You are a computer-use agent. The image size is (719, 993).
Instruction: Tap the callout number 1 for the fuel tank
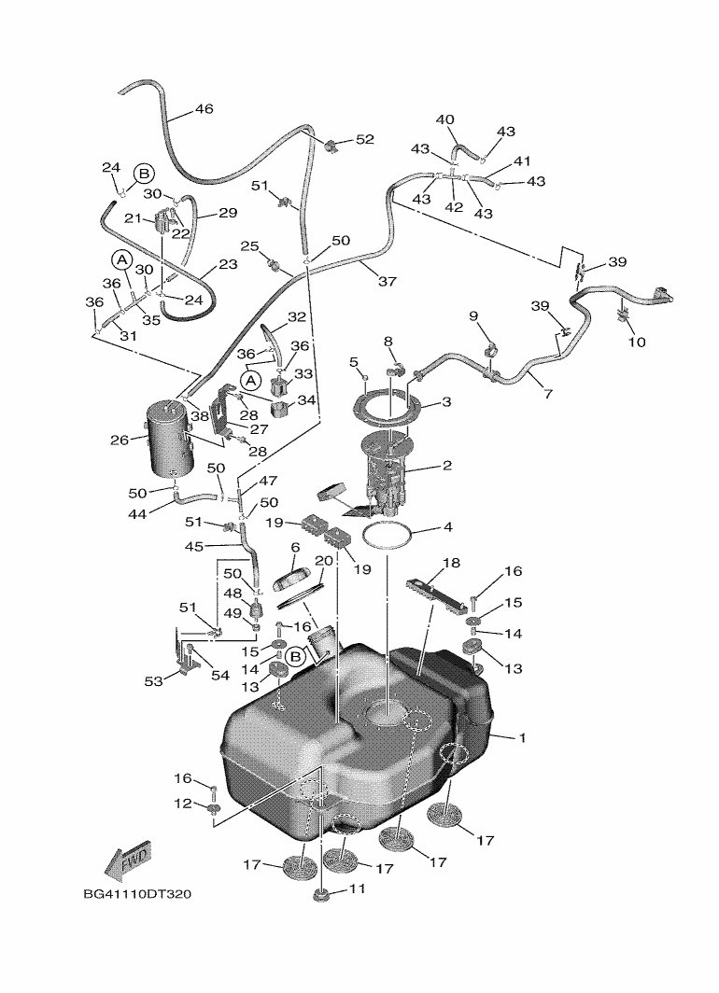point(522,738)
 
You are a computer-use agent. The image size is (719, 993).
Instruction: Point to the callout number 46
point(204,109)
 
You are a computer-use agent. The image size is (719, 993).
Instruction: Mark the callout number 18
point(451,563)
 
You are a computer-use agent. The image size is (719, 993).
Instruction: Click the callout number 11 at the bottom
point(357,889)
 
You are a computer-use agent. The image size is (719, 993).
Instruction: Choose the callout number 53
point(152,681)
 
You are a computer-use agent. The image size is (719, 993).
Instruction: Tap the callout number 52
point(363,139)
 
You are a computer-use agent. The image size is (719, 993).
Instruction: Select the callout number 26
point(119,440)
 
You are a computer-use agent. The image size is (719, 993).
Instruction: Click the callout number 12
point(184,804)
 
